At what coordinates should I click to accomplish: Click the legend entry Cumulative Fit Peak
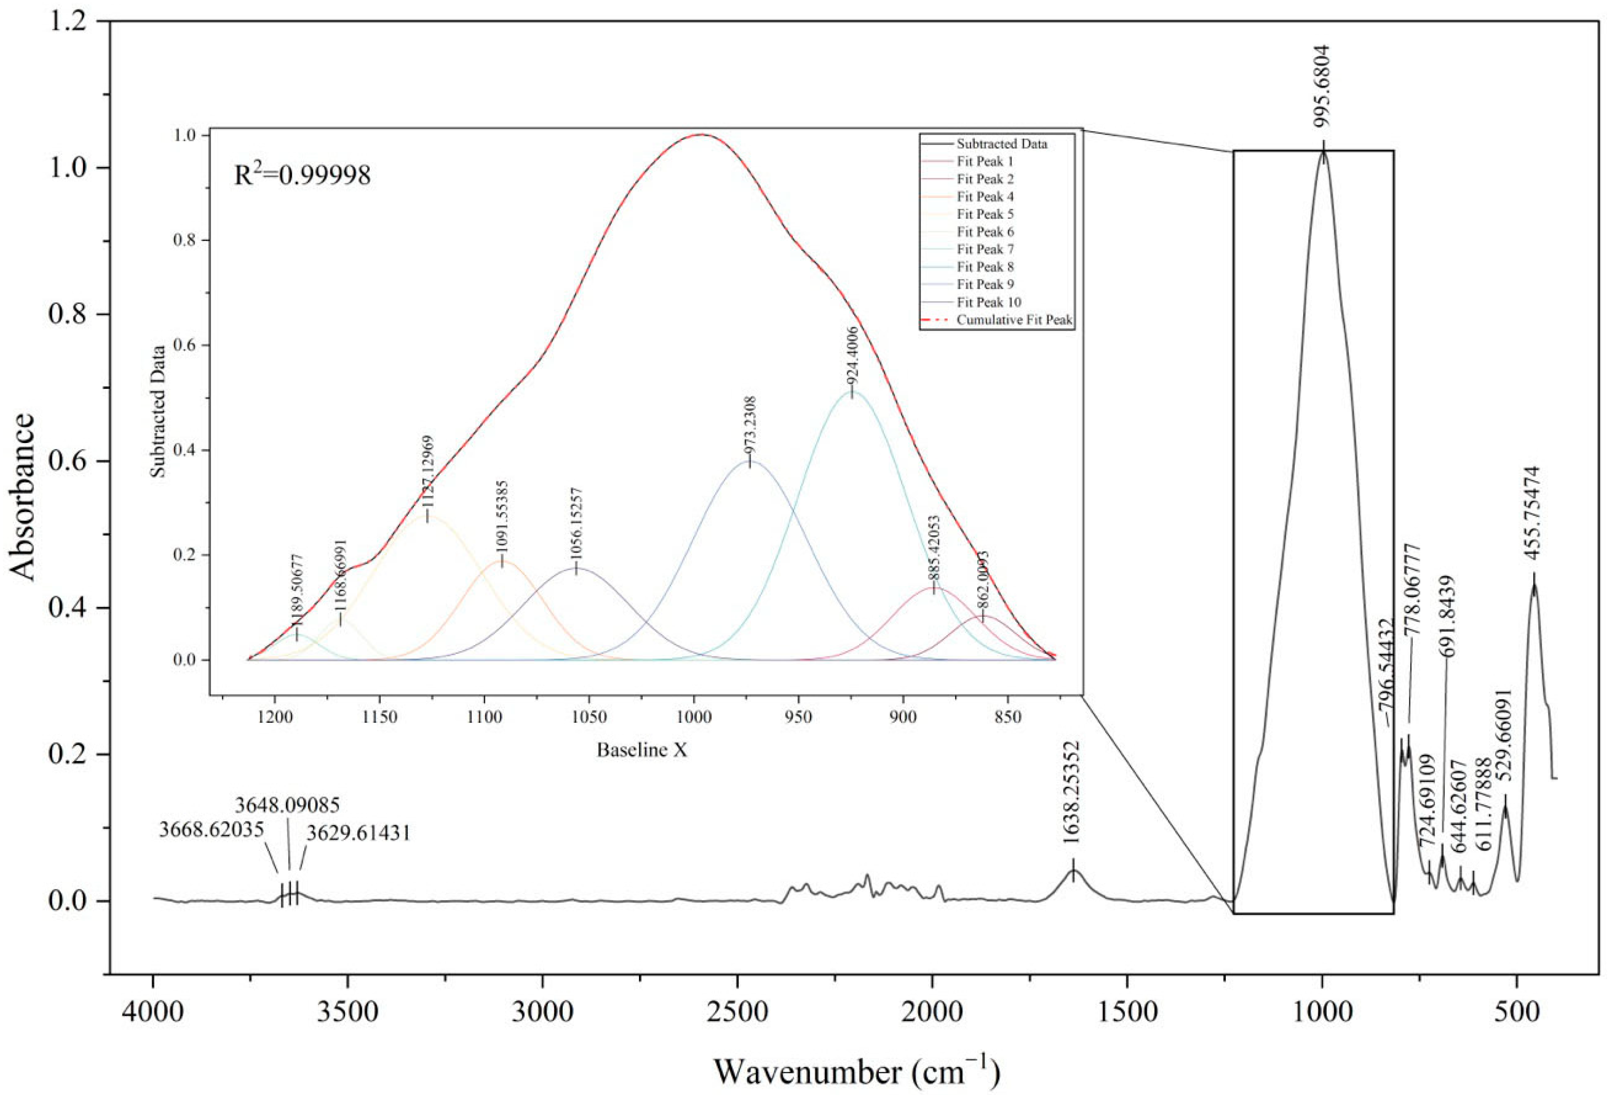pos(1014,320)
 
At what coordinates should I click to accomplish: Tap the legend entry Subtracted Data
pos(1001,144)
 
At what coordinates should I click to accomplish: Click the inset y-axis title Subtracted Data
pos(159,411)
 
